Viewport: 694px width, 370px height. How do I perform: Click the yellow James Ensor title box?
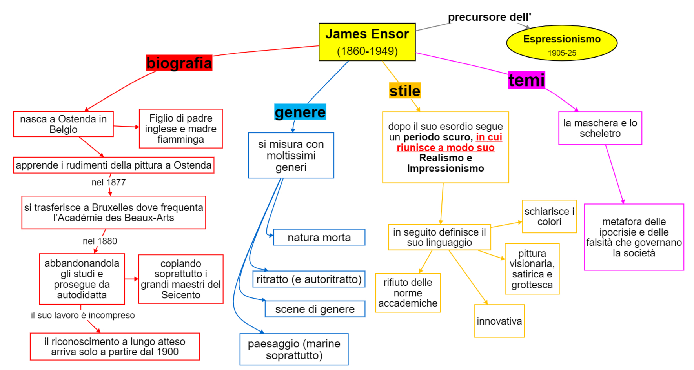coord(367,42)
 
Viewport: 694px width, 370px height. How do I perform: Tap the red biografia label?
coord(179,63)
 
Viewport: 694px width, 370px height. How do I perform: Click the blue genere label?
coord(300,112)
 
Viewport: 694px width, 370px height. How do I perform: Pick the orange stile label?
coord(405,91)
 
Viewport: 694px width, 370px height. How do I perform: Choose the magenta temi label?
coord(526,80)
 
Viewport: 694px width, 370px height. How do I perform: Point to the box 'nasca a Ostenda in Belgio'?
coord(63,124)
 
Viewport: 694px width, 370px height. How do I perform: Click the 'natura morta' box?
coord(319,237)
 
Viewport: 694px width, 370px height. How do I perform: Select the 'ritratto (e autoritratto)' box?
coord(309,279)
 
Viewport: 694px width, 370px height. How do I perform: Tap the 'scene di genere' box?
coord(315,309)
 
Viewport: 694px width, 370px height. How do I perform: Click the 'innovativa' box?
coord(499,321)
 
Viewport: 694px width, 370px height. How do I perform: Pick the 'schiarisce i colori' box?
coord(549,216)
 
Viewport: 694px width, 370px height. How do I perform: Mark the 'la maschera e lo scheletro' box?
coord(600,128)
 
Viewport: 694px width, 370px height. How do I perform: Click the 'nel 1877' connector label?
coord(109,182)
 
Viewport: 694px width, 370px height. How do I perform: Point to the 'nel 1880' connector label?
coord(100,241)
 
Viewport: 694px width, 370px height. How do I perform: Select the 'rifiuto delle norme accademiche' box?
coord(408,293)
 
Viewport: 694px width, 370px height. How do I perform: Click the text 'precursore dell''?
coord(489,17)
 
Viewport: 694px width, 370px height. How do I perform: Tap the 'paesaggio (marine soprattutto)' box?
coord(294,349)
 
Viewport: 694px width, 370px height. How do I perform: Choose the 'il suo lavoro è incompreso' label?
coord(83,315)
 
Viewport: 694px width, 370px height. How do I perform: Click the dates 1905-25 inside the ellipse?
coord(562,53)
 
